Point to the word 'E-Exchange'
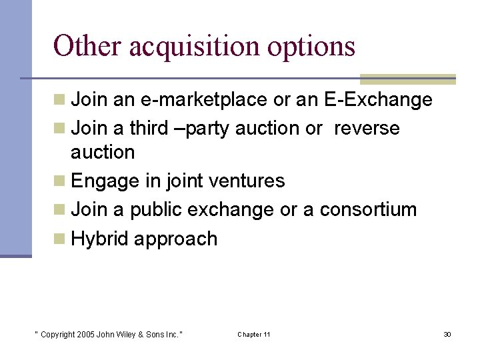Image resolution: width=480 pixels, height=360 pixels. click(378, 101)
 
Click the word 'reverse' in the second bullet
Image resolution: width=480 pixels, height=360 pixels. click(367, 128)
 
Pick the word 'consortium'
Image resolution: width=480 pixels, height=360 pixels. click(368, 209)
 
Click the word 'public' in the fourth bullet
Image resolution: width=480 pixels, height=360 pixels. click(156, 209)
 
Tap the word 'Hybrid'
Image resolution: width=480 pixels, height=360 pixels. click(99, 239)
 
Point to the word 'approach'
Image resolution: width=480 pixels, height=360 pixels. click(176, 239)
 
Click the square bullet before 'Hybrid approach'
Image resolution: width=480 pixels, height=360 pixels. click(59, 238)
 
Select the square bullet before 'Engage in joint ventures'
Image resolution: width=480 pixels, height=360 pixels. click(59, 180)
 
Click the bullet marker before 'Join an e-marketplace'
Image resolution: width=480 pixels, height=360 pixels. click(59, 100)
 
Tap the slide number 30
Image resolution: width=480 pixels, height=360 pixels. click(447, 334)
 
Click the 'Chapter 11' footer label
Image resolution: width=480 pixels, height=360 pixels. click(254, 334)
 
